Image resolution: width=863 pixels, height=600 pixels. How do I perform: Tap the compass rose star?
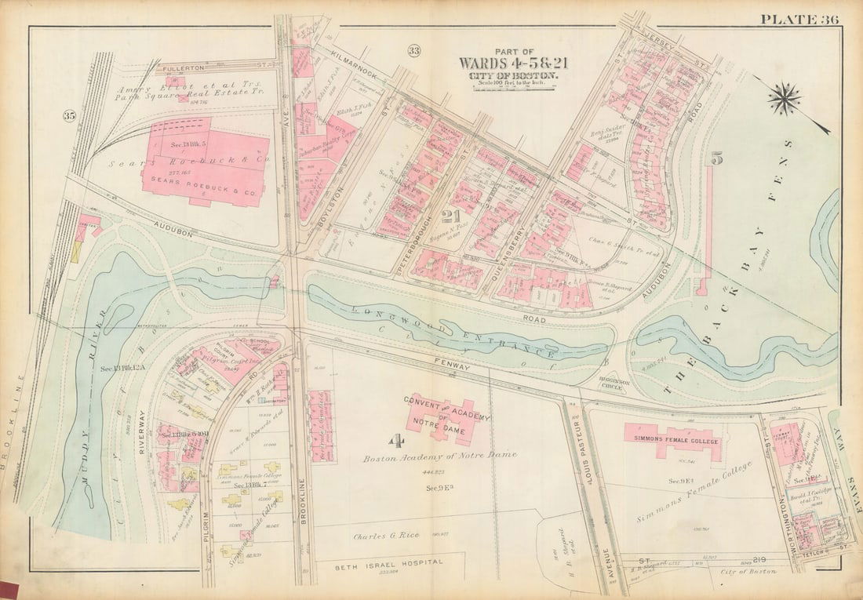click(784, 99)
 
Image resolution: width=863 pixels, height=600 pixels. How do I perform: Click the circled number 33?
click(413, 52)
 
